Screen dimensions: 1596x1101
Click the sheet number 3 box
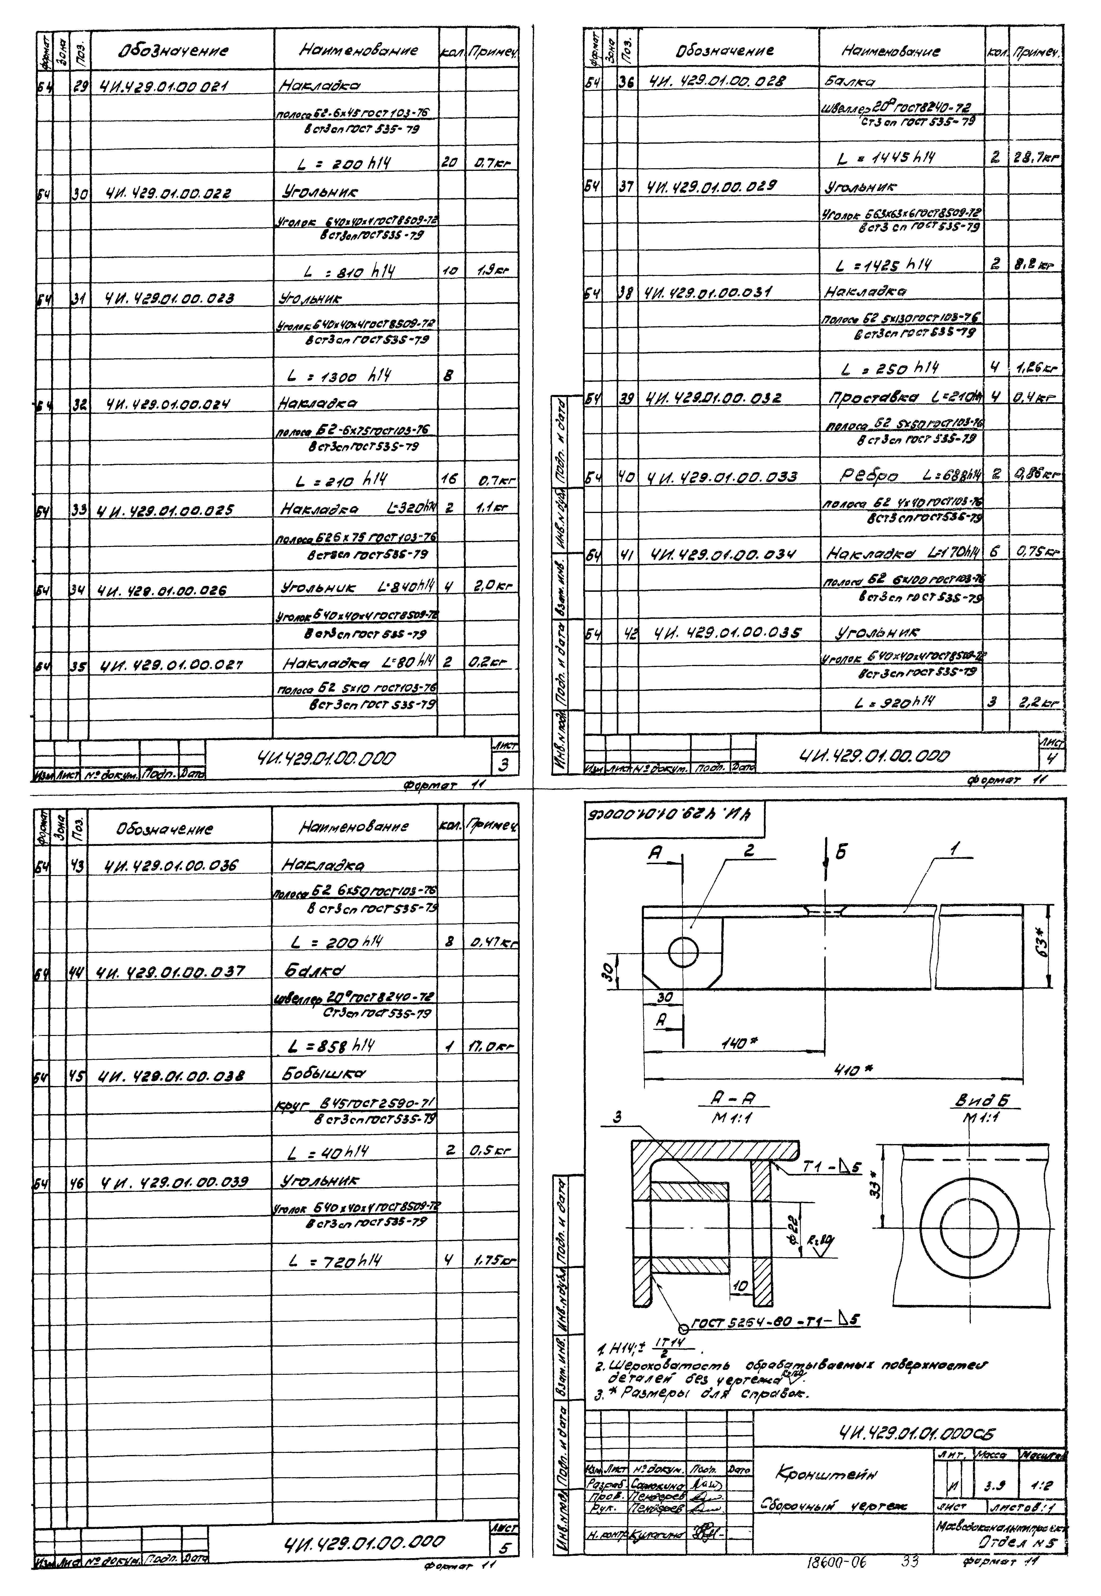tap(506, 765)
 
